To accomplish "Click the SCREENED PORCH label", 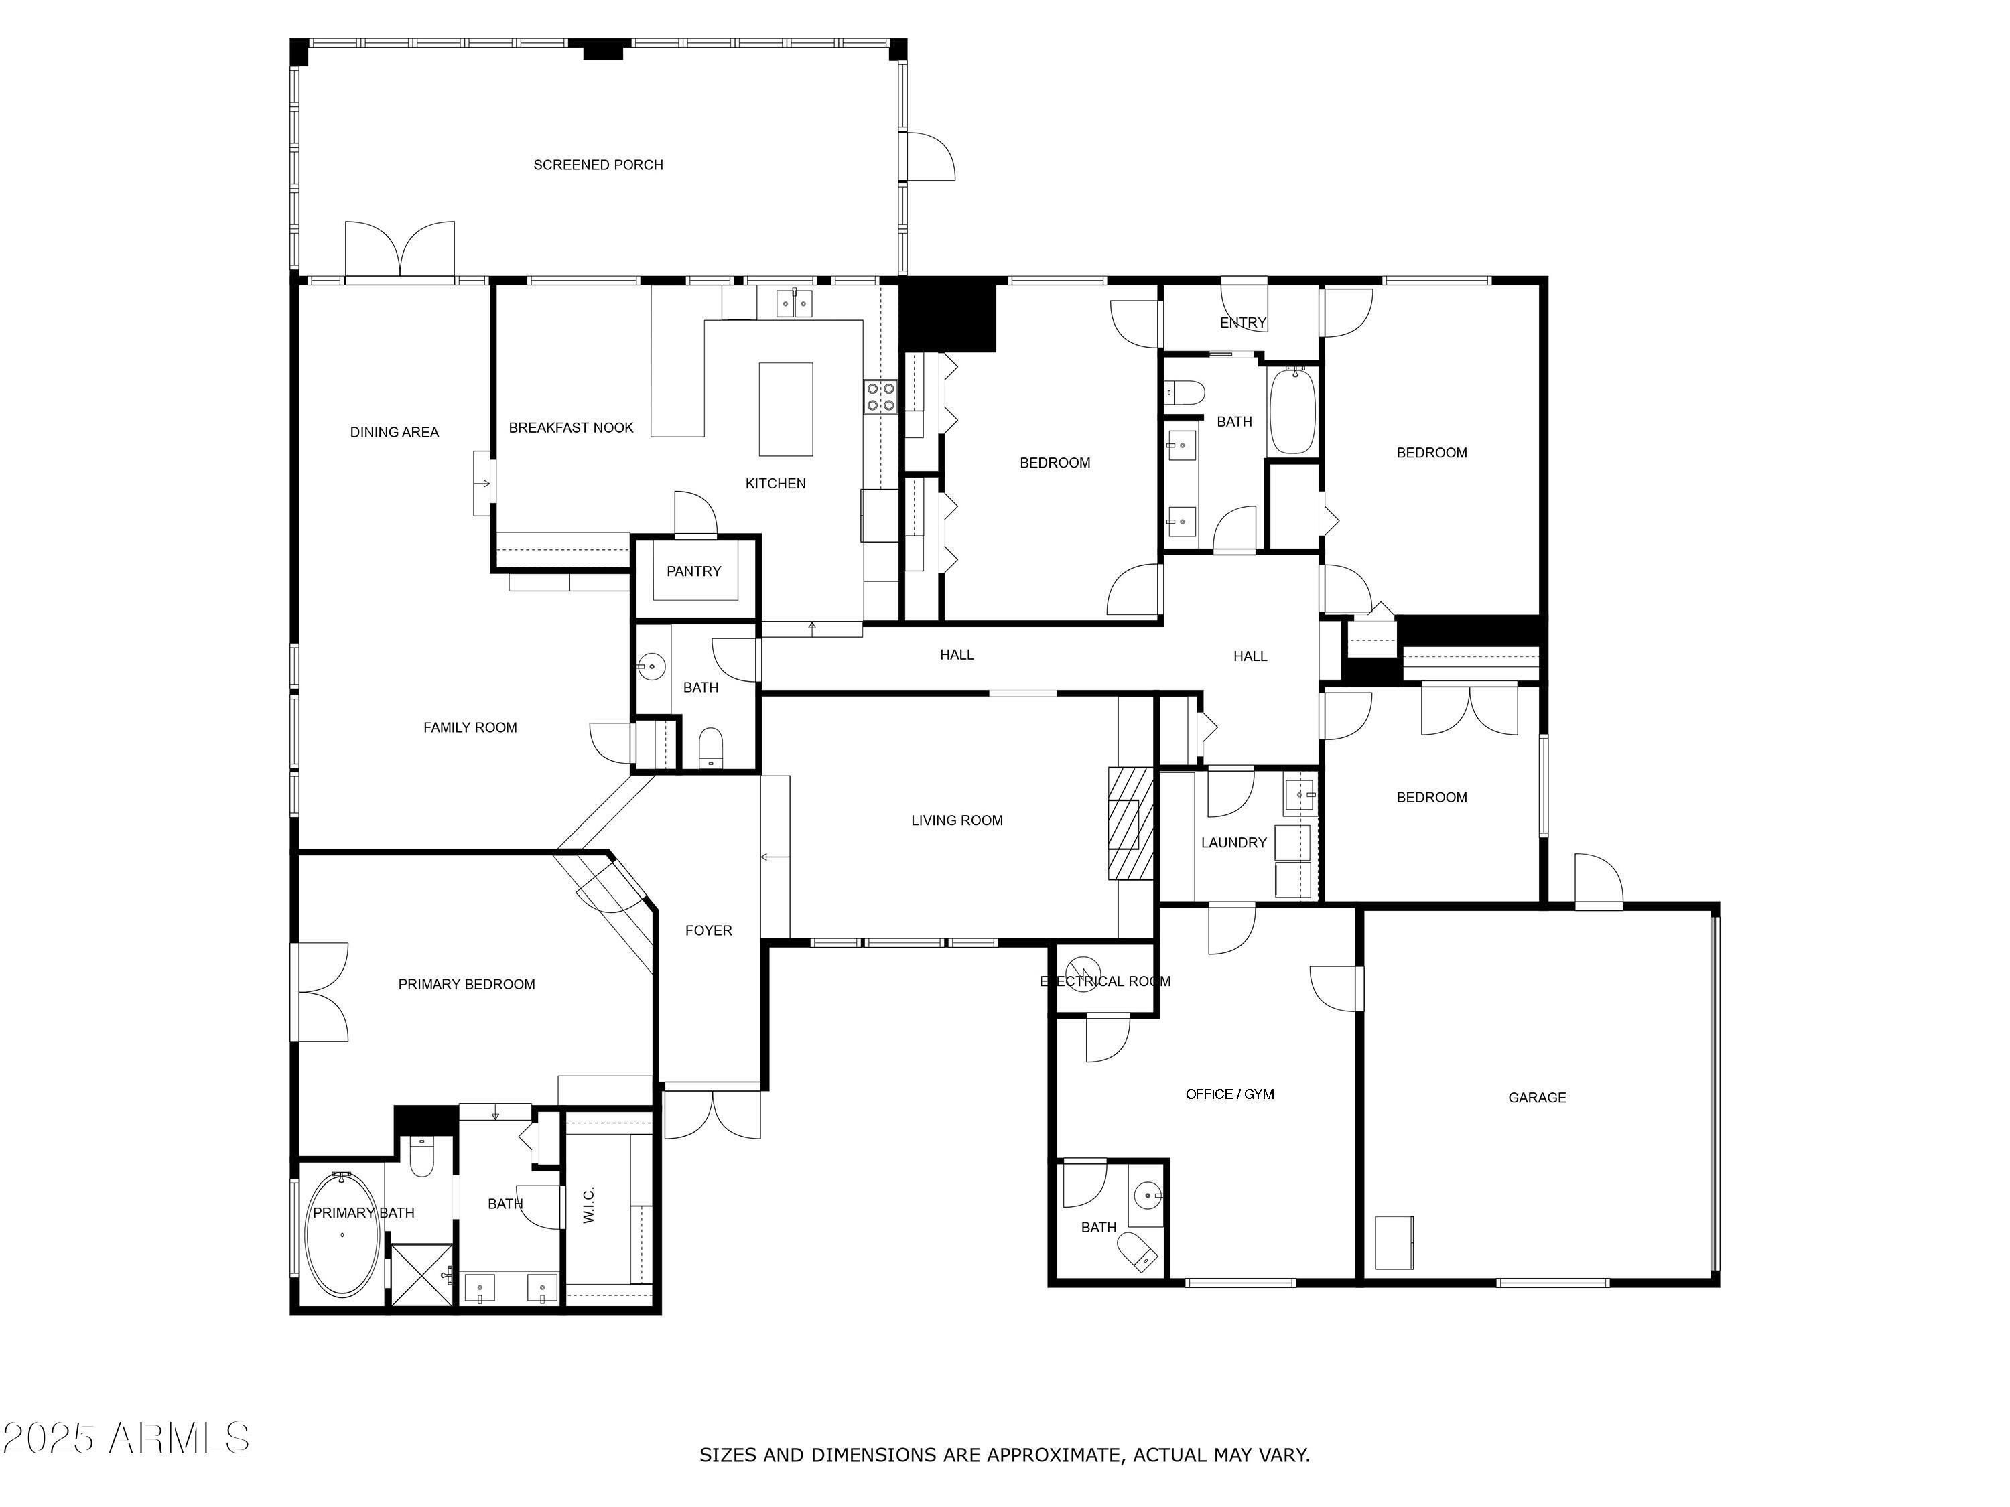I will [x=598, y=164].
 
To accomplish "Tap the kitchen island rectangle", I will [x=785, y=409].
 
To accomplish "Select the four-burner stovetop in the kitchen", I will [x=880, y=397].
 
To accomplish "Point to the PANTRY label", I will [x=693, y=571].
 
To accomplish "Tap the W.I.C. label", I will [x=589, y=1204].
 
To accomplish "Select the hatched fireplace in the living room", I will [x=1130, y=823].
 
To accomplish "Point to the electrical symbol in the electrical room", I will [x=1083, y=974].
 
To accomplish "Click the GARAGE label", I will [x=1536, y=1097].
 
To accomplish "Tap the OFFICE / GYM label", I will [x=1229, y=1094].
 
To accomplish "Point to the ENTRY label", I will [x=1242, y=322].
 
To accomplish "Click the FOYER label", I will [x=708, y=930].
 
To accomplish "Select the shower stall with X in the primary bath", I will [x=421, y=1275].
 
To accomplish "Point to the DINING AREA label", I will [x=395, y=433].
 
